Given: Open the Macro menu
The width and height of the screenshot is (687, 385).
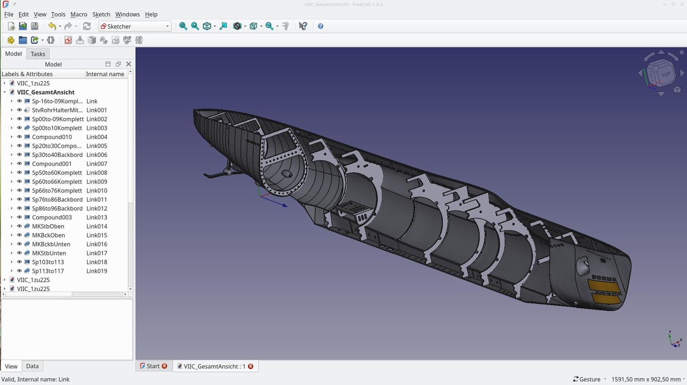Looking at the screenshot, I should click(x=78, y=14).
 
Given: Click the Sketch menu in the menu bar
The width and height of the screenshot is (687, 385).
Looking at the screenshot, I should click(x=101, y=14).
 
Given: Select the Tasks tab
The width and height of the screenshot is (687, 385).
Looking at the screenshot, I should click(x=38, y=54).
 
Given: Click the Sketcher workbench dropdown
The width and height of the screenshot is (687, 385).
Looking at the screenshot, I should click(x=135, y=26).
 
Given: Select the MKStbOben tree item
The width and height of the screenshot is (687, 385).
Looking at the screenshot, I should click(x=49, y=226).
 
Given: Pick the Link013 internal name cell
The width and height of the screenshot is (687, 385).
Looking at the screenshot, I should click(x=97, y=217).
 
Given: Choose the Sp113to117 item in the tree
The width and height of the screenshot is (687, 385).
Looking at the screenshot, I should click(x=48, y=271).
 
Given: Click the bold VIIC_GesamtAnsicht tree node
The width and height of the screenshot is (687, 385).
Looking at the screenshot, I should click(x=46, y=92).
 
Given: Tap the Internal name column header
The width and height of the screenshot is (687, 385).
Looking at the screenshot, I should click(x=105, y=74).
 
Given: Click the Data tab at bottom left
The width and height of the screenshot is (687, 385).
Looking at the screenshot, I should click(x=32, y=366).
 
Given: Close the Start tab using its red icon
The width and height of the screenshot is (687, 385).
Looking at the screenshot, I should click(x=164, y=366).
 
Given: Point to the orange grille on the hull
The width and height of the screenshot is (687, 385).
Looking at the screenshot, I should click(x=605, y=291).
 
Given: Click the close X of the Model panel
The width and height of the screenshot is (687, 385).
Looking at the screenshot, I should click(x=128, y=64).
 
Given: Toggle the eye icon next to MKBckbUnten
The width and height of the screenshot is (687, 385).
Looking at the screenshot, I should click(x=19, y=244).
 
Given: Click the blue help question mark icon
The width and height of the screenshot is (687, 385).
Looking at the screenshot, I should click(x=321, y=26).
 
